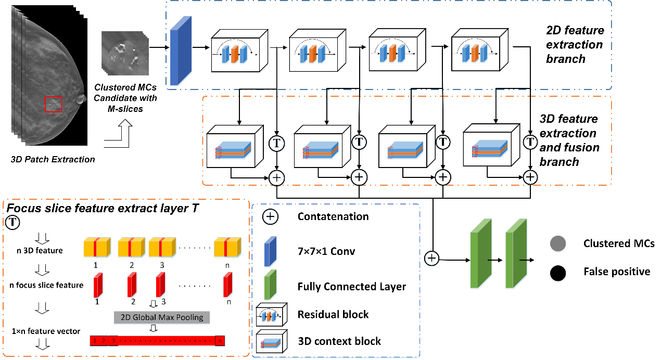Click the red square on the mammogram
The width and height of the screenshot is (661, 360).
click(x=53, y=104)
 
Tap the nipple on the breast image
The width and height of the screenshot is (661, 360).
click(x=81, y=99)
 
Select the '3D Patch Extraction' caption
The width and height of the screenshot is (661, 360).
click(x=53, y=160)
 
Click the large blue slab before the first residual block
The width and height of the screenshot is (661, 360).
click(x=181, y=50)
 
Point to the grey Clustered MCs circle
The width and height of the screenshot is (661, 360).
click(x=557, y=243)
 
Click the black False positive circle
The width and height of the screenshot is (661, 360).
click(x=557, y=272)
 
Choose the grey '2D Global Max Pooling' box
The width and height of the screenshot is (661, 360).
click(x=162, y=317)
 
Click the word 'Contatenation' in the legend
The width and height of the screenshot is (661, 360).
click(x=333, y=217)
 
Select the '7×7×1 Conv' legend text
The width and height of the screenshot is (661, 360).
click(x=326, y=252)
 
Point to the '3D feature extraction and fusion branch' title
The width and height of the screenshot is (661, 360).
click(x=569, y=140)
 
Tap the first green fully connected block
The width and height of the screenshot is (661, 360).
click(x=481, y=253)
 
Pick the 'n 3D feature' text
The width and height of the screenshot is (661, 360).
click(x=40, y=250)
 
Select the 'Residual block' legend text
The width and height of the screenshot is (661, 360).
click(x=333, y=314)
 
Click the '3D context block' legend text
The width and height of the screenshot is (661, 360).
click(x=339, y=341)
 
